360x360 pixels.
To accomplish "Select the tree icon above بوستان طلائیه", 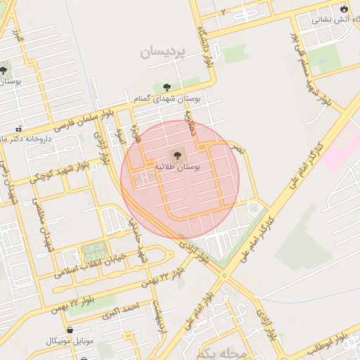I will pos(175,154).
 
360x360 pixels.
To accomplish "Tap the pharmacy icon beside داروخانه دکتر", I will pos(18,129).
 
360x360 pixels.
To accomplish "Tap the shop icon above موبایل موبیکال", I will pos(70,329).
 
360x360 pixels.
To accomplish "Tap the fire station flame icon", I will pos(343,8).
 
